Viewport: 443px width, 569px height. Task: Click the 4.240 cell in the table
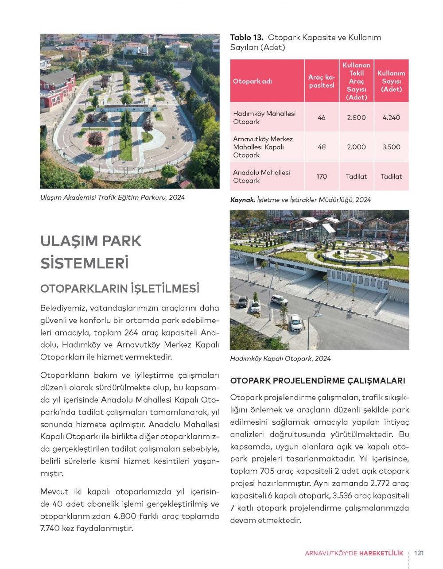pyautogui.click(x=391, y=117)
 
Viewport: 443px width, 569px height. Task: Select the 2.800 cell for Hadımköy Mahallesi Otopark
pyautogui.click(x=356, y=117)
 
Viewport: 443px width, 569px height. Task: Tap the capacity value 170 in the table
pyautogui.click(x=322, y=176)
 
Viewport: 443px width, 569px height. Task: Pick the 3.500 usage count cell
pyautogui.click(x=391, y=147)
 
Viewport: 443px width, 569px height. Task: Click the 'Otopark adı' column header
pyautogui.click(x=253, y=81)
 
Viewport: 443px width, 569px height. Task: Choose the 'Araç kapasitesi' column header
pyautogui.click(x=322, y=81)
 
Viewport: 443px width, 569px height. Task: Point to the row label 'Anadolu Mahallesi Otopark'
pyautogui.click(x=261, y=176)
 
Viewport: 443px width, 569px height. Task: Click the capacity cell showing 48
pyautogui.click(x=322, y=147)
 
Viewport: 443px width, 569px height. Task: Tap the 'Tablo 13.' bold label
pyautogui.click(x=247, y=38)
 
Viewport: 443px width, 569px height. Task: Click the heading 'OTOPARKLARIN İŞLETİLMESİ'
pyautogui.click(x=120, y=289)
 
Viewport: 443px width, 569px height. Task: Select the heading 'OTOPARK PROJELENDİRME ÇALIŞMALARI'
pyautogui.click(x=318, y=380)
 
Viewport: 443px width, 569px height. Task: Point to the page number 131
pyautogui.click(x=419, y=553)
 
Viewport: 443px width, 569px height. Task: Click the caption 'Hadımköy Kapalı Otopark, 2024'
pyautogui.click(x=280, y=359)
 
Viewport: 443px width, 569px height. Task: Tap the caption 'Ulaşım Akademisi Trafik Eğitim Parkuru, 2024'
pyautogui.click(x=112, y=197)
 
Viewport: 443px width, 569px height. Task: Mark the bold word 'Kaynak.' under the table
pyautogui.click(x=242, y=200)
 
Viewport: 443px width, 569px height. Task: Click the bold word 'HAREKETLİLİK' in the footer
pyautogui.click(x=381, y=553)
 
